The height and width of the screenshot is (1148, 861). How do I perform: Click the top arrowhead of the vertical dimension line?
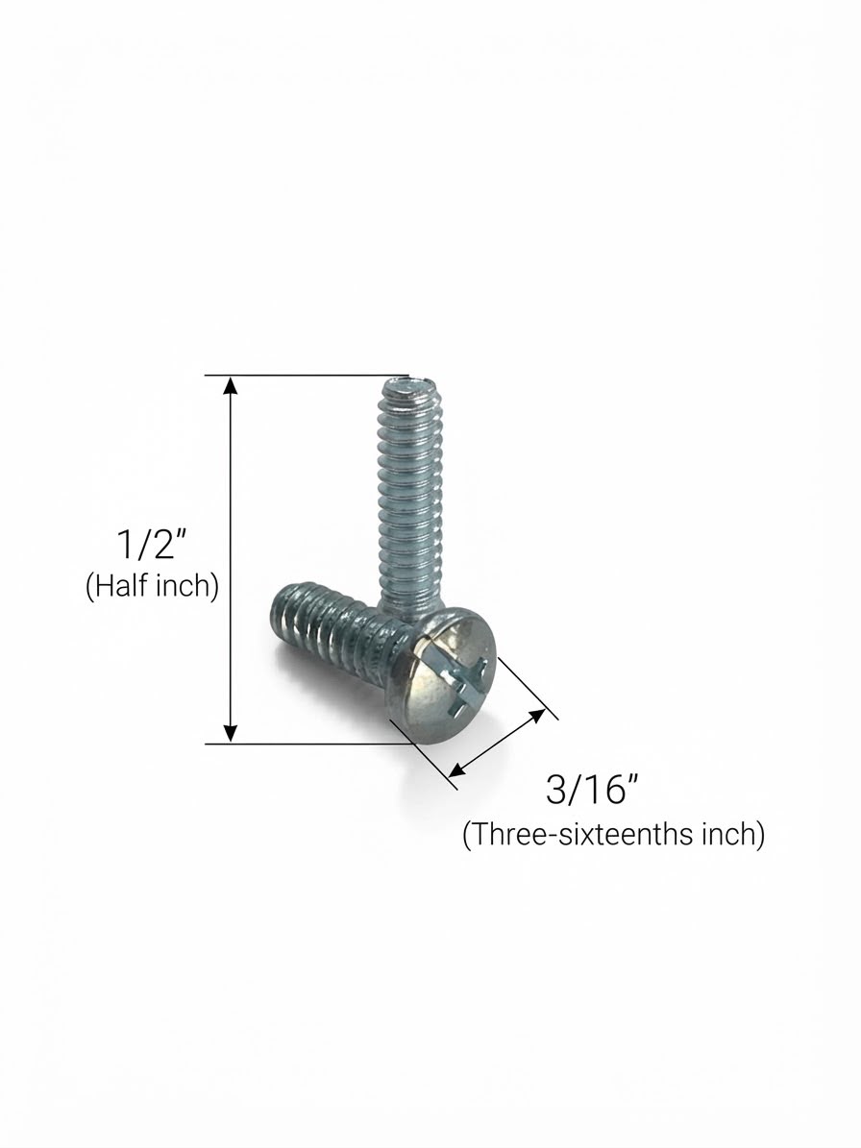231,385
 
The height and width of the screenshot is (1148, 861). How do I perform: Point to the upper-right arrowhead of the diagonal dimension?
537,716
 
